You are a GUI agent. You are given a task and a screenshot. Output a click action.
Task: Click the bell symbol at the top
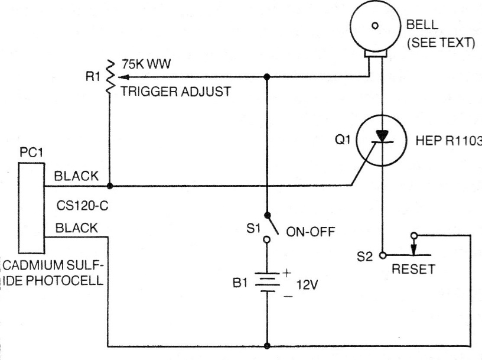coord(374,26)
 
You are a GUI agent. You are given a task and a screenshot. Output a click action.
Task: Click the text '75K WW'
coord(147,65)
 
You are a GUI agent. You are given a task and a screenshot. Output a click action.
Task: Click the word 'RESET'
coord(413,269)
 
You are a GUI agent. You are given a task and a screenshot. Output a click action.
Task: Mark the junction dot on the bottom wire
coord(268,346)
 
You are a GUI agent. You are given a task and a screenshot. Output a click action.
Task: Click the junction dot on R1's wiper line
coord(268,76)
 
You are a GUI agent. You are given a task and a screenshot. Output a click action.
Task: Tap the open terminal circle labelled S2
coord(383,255)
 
